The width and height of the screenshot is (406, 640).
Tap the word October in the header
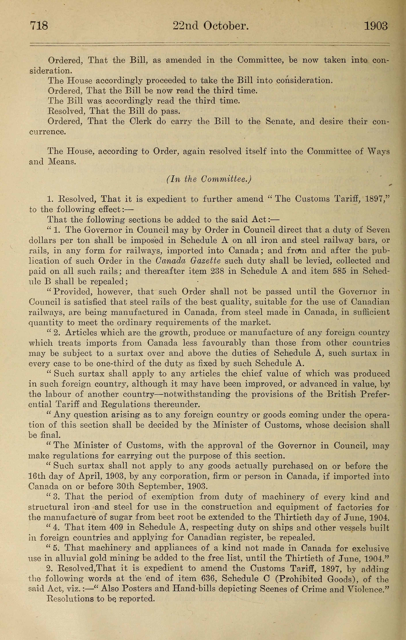(x=226, y=26)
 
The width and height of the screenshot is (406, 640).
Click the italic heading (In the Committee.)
(x=209, y=179)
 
